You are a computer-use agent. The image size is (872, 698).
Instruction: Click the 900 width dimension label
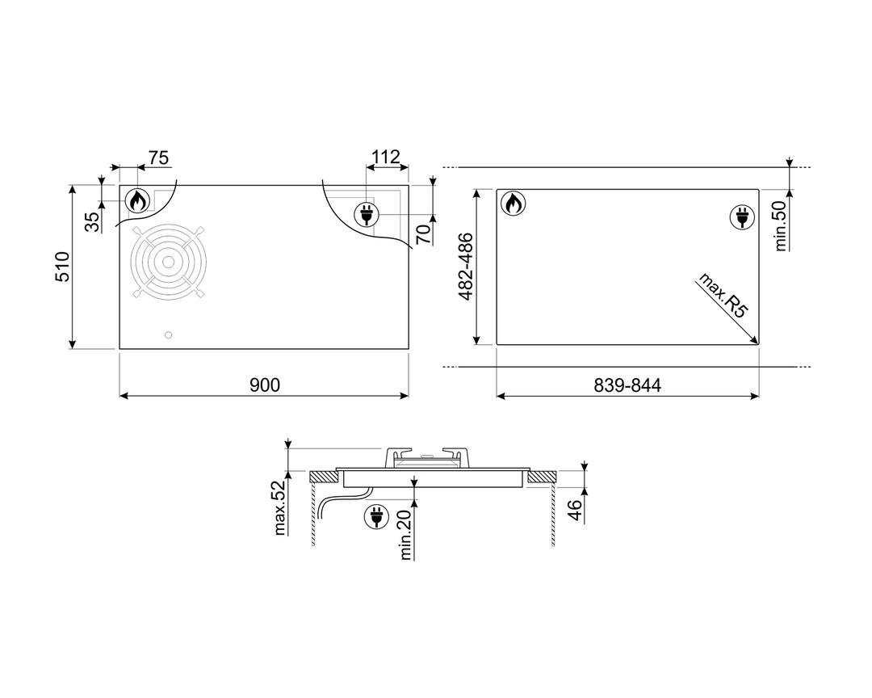click(x=265, y=385)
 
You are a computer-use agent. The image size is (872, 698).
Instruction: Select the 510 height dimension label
click(x=62, y=267)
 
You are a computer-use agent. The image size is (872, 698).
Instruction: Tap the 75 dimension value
click(x=158, y=158)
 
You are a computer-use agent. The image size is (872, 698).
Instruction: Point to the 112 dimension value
click(x=386, y=158)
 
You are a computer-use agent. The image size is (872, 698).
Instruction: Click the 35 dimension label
click(x=94, y=222)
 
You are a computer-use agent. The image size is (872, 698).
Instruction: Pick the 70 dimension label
click(x=424, y=234)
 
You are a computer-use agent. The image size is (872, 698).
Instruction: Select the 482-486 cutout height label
click(x=466, y=267)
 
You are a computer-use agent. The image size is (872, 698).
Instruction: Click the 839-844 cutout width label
click(x=627, y=385)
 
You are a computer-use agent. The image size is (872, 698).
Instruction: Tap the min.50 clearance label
click(x=780, y=226)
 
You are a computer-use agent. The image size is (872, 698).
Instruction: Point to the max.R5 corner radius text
click(x=723, y=295)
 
